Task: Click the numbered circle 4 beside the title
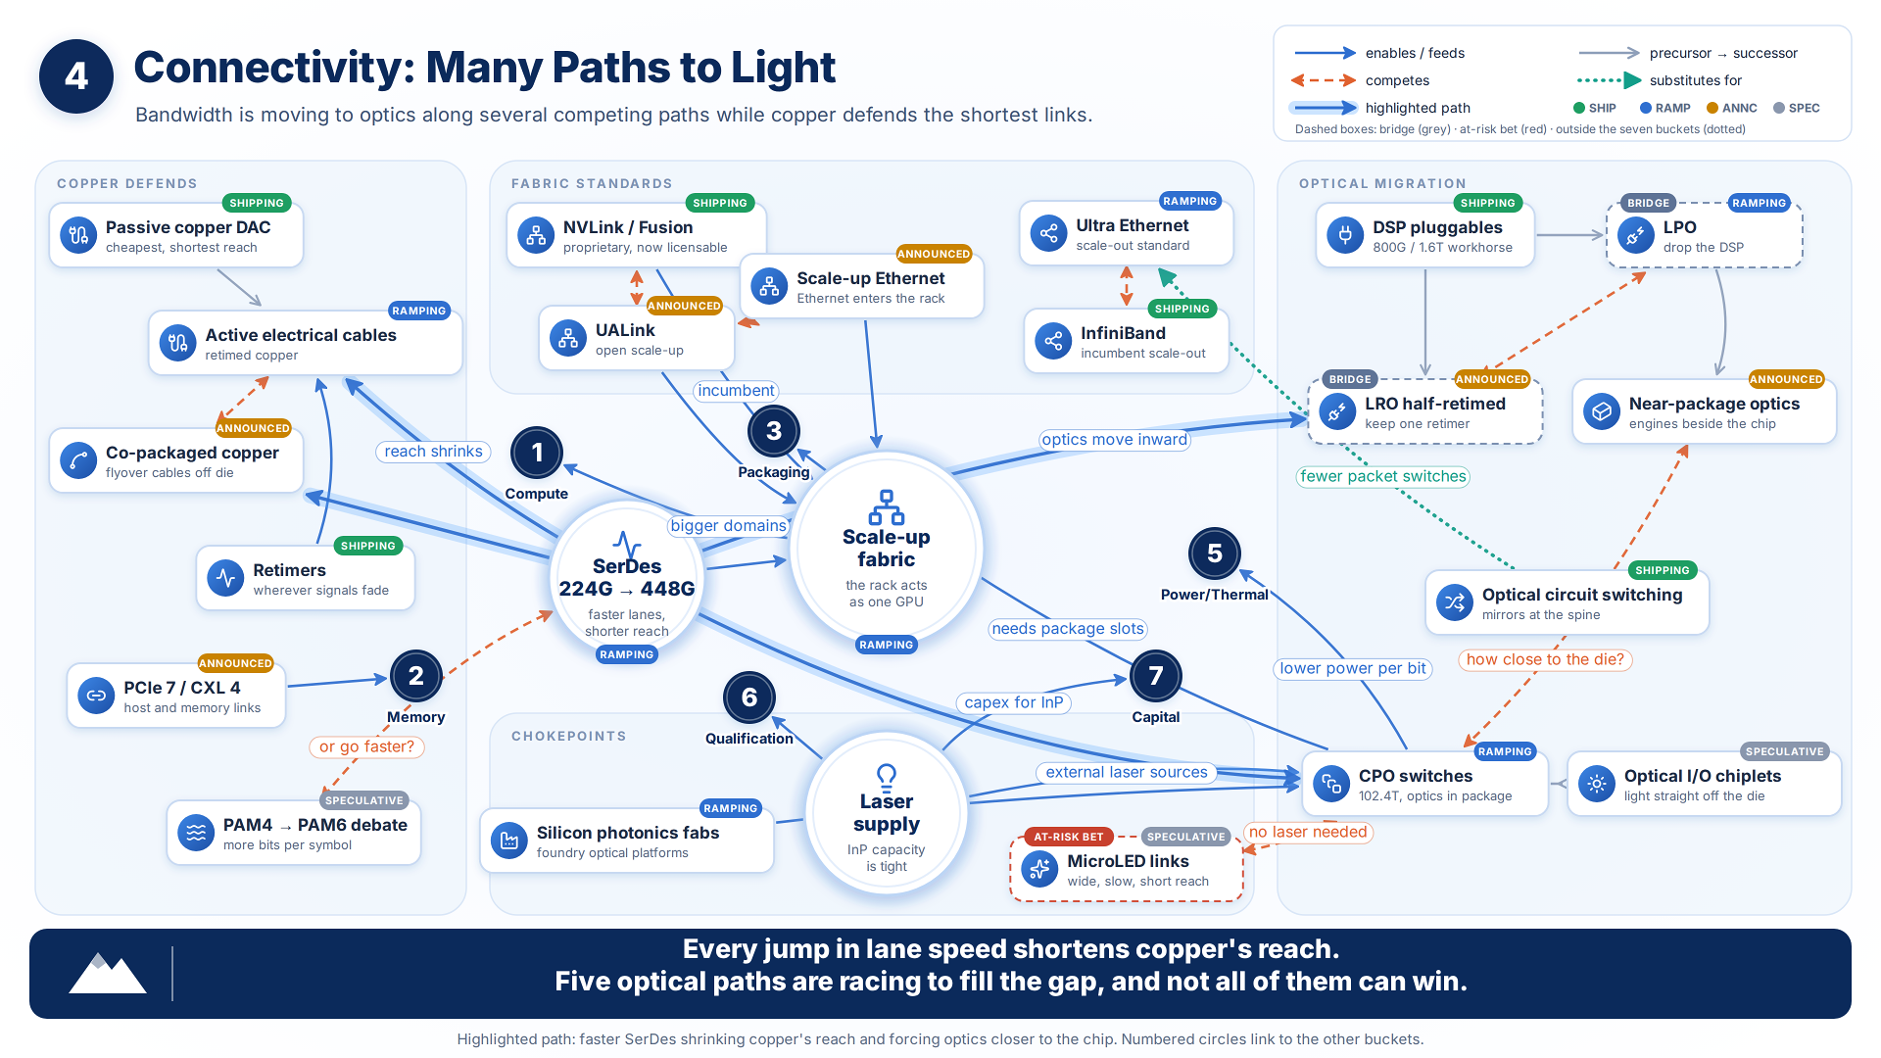(x=76, y=76)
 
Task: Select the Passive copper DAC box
(x=176, y=235)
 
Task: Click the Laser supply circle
(x=887, y=814)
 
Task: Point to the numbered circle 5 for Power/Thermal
(x=1215, y=553)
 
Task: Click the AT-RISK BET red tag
(x=1069, y=837)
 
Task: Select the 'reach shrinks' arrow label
(x=433, y=452)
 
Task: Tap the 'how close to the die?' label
(x=1545, y=659)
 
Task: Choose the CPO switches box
(x=1425, y=784)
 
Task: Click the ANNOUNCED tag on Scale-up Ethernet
(x=934, y=254)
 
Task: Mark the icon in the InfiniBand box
(x=1053, y=341)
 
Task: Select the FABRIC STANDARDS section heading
(x=592, y=183)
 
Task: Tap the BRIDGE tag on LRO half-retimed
(x=1350, y=379)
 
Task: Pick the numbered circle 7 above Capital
(x=1156, y=676)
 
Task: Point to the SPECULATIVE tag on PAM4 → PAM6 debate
(x=364, y=800)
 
